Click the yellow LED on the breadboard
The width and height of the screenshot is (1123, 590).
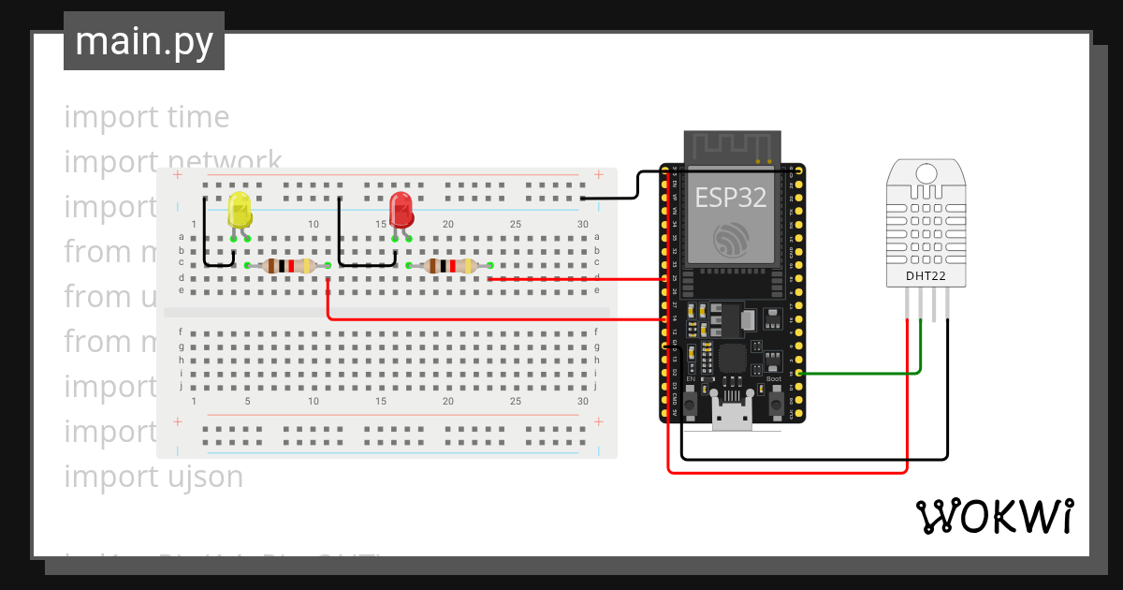(x=240, y=211)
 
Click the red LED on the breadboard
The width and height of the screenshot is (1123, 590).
(x=401, y=208)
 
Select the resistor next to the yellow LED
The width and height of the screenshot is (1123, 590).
(x=287, y=266)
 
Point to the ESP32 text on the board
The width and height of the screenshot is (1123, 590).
(x=731, y=198)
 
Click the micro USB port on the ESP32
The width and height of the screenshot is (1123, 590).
(x=732, y=415)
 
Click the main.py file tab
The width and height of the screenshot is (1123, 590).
(x=144, y=41)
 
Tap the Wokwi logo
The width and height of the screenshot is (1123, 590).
(x=994, y=516)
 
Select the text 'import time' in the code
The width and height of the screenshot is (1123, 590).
(x=147, y=117)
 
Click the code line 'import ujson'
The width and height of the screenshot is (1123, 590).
(x=153, y=477)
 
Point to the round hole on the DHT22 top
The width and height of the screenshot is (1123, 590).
(x=925, y=173)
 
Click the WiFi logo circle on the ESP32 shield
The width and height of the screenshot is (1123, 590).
(x=731, y=240)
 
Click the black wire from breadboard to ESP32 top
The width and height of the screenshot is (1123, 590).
(x=636, y=185)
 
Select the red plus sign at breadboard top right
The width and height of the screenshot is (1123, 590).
(x=599, y=174)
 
